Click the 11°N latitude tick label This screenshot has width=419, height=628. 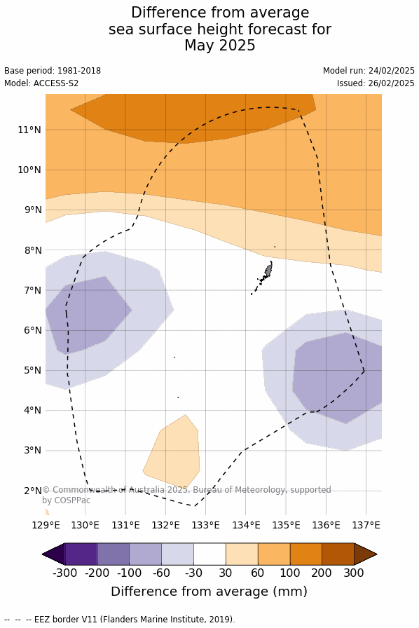point(29,130)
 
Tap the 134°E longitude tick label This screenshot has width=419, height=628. point(245,525)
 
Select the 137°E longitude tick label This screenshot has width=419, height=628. point(366,525)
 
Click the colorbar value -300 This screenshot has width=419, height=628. point(65,573)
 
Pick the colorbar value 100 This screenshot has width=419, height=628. point(290,573)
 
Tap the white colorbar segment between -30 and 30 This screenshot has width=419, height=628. point(209,554)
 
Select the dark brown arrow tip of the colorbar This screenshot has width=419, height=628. point(365,554)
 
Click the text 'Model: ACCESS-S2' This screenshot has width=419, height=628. point(41,83)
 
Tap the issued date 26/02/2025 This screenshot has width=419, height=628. point(392,83)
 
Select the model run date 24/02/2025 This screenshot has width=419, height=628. point(392,71)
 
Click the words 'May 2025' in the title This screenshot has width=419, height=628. point(219,46)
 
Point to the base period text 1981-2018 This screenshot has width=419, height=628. point(79,71)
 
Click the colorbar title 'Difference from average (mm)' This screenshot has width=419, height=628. point(209,591)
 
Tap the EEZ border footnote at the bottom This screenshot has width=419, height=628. point(119,619)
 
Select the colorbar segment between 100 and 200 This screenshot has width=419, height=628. point(306,554)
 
